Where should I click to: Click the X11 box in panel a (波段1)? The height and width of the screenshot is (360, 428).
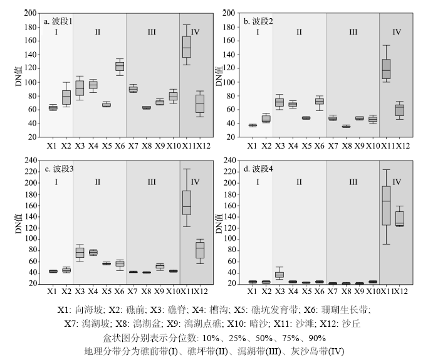pos(187,47)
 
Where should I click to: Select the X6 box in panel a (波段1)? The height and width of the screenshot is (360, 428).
pos(119,66)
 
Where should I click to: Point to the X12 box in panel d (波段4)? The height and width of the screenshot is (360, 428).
pos(400,218)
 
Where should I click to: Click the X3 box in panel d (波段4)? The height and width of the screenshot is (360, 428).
pos(279,275)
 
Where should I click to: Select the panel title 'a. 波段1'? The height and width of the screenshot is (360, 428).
pos(58,21)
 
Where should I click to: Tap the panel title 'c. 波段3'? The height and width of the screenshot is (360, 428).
pos(58,169)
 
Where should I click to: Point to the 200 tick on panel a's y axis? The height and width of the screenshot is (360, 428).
pos(29,13)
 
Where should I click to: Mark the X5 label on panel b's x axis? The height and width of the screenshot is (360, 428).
pos(306,146)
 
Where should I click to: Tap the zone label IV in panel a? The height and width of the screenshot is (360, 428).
pos(196,32)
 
